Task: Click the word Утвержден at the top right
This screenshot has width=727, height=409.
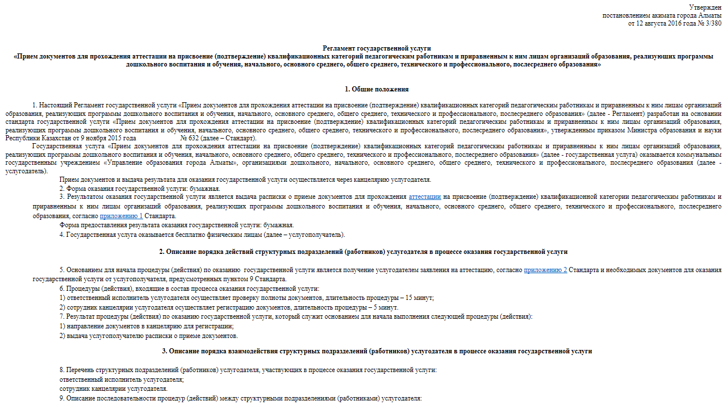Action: click(705, 7)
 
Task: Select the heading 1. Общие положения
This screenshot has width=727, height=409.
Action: click(377, 90)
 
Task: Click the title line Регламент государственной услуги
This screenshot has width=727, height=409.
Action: click(377, 49)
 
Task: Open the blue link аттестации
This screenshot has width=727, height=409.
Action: click(424, 197)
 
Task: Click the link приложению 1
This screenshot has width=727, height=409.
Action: click(121, 216)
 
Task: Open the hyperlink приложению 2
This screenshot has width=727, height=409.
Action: click(545, 270)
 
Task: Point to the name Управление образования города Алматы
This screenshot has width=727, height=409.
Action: click(170, 163)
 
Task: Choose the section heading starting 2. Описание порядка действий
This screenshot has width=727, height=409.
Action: click(363, 252)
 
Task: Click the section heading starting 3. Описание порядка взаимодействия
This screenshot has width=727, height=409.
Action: click(377, 351)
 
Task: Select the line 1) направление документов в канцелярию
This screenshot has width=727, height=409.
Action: click(147, 326)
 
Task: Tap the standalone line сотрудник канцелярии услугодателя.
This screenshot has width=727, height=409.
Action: click(114, 389)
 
